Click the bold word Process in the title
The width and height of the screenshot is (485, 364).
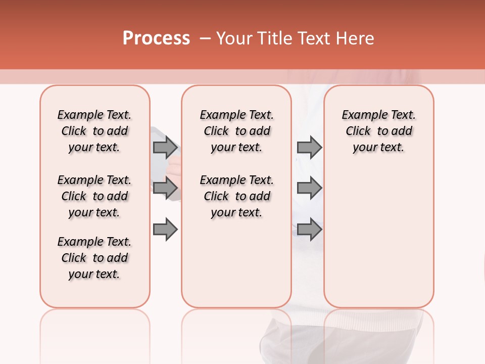[156, 38]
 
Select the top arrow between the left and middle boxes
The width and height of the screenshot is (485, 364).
[165, 147]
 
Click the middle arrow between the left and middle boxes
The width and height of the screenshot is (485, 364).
[165, 188]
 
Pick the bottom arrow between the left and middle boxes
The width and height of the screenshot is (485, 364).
[165, 230]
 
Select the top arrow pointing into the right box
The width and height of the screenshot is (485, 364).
[309, 147]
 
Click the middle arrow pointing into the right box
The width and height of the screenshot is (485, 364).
[309, 188]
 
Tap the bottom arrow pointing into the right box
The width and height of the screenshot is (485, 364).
[309, 230]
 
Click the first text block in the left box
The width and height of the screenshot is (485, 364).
[94, 131]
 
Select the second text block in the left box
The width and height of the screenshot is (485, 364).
[94, 196]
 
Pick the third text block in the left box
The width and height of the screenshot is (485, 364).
[94, 258]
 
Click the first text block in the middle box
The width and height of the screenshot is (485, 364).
[236, 131]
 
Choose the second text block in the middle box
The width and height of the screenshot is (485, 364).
[236, 196]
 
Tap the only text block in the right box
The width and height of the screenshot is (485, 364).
[378, 131]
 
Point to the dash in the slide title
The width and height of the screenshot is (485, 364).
[205, 38]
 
